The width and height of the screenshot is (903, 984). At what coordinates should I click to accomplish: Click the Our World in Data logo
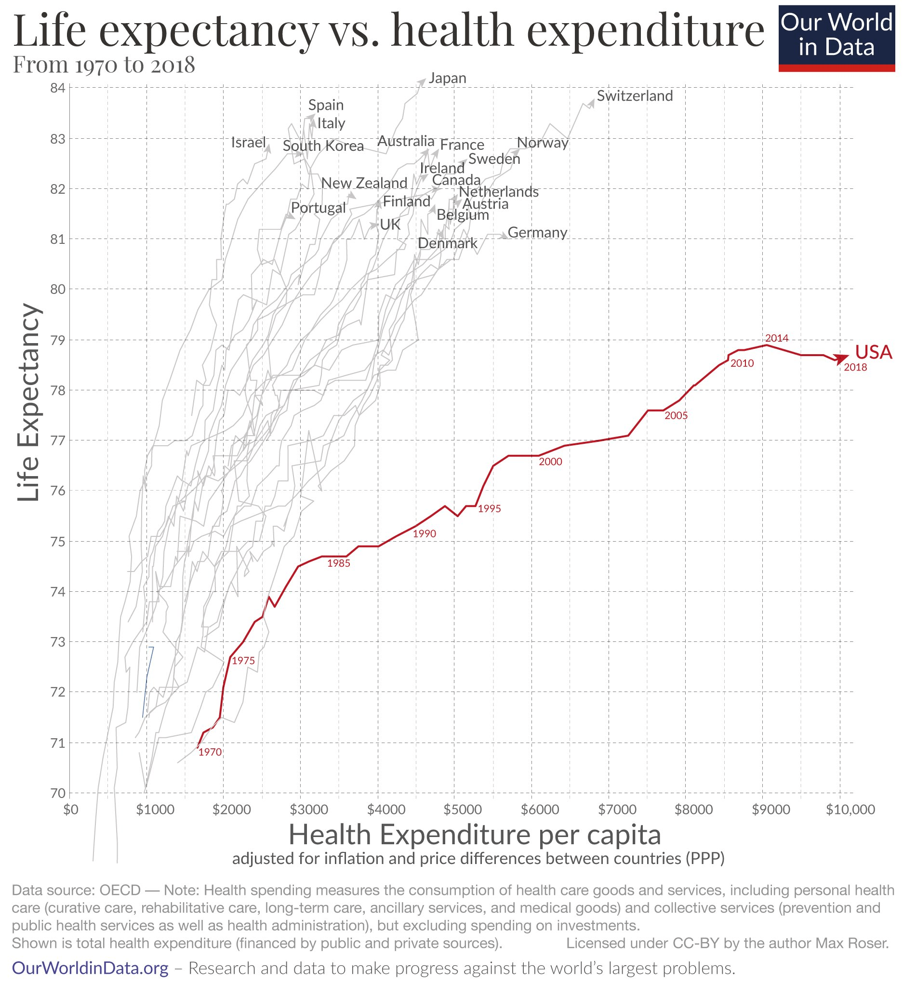[x=836, y=37]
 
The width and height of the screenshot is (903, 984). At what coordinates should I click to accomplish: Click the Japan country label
[x=447, y=78]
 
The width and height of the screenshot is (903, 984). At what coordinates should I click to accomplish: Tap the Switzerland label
[x=634, y=96]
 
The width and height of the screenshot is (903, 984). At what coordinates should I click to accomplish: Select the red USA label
[x=873, y=352]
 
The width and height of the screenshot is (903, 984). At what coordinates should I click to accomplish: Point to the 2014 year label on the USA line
[x=776, y=338]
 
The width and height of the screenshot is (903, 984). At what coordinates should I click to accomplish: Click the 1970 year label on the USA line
[x=210, y=752]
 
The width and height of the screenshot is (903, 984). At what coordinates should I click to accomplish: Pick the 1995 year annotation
[x=489, y=508]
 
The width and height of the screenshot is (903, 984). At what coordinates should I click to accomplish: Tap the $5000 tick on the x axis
[x=462, y=810]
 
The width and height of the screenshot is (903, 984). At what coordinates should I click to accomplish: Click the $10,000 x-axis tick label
[x=850, y=810]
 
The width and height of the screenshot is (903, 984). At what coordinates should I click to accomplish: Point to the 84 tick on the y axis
[x=57, y=89]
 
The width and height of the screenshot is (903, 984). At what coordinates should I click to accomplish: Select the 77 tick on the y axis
[x=57, y=440]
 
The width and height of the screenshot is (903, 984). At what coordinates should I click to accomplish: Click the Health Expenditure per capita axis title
[x=475, y=835]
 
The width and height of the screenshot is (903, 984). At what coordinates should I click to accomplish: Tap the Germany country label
[x=537, y=233]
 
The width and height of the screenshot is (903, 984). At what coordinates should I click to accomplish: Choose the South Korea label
[x=323, y=146]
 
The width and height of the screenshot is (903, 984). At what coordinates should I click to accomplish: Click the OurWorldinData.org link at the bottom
[x=90, y=968]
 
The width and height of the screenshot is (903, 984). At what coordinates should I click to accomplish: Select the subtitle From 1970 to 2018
[x=104, y=65]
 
